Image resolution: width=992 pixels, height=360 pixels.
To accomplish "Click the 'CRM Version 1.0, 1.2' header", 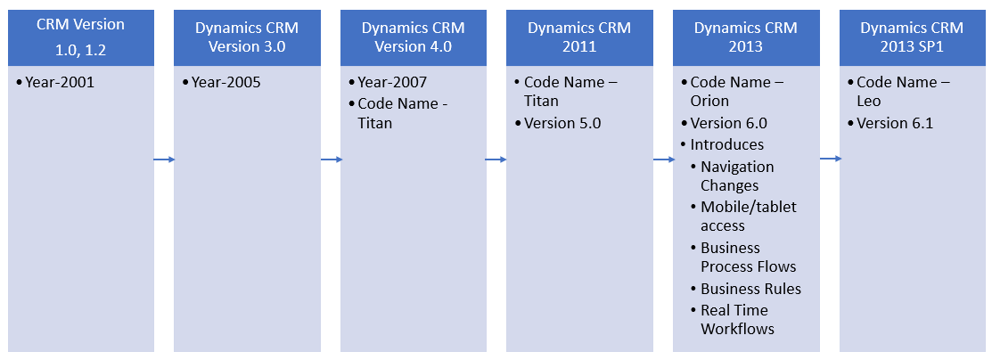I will (80, 36).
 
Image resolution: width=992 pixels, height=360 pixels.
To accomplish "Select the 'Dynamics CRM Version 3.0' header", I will (247, 37).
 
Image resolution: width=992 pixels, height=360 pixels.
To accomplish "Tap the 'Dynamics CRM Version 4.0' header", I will (413, 37).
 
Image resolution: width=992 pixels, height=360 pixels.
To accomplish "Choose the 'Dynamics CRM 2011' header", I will (579, 37).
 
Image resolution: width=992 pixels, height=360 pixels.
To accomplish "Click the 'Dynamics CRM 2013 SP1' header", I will (912, 37).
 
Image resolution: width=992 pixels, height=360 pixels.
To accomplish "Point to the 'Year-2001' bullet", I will (60, 83).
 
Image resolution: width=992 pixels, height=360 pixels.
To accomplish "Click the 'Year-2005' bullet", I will (226, 83).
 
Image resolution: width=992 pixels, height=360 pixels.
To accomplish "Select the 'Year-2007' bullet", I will (392, 83).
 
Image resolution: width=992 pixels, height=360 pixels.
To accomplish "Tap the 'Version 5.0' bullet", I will (562, 123).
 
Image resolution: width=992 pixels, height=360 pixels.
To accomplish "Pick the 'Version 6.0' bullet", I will (728, 123).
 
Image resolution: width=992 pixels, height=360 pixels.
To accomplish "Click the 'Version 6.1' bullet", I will (895, 123).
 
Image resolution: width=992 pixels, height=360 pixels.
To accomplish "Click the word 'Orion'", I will (709, 101).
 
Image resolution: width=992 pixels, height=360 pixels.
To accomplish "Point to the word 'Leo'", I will (869, 101).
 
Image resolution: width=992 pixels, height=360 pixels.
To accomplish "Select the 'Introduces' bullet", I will (726, 144).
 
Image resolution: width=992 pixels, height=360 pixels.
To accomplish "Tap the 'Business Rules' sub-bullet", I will (750, 289).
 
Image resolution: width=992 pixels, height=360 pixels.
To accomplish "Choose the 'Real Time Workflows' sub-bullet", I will (737, 319).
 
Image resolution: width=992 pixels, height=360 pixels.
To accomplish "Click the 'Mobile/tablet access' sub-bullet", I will (748, 216).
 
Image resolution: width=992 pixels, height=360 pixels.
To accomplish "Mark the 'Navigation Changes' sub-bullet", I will (737, 176).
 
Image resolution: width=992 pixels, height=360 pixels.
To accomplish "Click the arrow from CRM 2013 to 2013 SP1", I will (831, 159).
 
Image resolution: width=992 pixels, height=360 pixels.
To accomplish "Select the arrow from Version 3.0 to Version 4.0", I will (331, 160).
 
